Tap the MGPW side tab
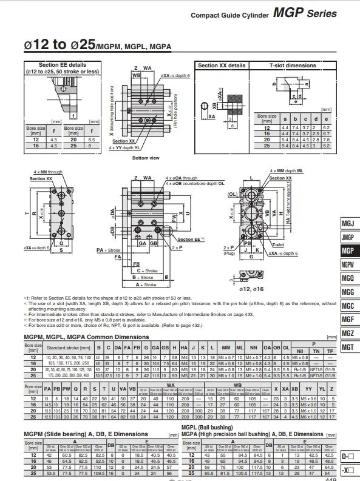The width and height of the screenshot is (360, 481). [347, 265]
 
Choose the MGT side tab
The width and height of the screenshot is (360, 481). [347, 347]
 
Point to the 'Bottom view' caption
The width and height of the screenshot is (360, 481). [145, 158]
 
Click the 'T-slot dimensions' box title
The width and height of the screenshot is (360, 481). [293, 65]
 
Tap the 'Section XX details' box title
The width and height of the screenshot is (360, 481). [222, 65]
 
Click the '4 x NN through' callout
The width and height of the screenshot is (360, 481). [47, 172]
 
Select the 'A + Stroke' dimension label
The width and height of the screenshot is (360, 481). [146, 284]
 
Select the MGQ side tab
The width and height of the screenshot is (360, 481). [347, 278]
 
